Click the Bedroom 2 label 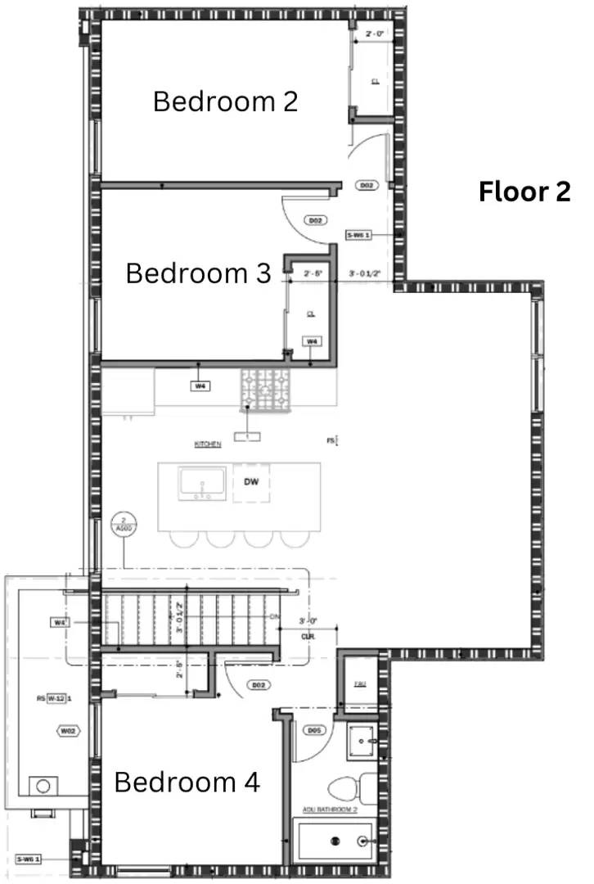(x=225, y=101)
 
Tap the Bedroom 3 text (x=198, y=273)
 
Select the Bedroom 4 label (x=187, y=782)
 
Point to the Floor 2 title (x=524, y=192)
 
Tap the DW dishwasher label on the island (x=251, y=482)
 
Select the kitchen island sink (x=201, y=483)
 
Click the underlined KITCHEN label (x=208, y=444)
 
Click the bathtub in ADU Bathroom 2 (x=336, y=840)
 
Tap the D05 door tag (x=313, y=729)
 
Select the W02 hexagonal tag (x=68, y=730)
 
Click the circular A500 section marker (x=124, y=525)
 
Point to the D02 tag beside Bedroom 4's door (x=259, y=684)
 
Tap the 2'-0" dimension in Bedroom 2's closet (x=376, y=34)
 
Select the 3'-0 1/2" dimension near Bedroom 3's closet (x=364, y=273)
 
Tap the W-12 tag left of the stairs (x=56, y=698)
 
